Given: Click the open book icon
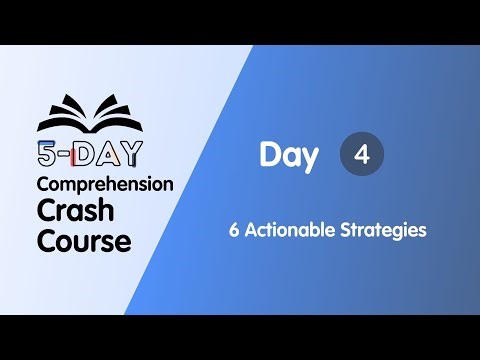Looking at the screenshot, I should coord(90,113).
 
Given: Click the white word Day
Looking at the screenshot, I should coord(289,155).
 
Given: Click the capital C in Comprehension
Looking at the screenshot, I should coord(43,185).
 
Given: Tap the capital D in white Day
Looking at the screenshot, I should coord(269,155).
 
